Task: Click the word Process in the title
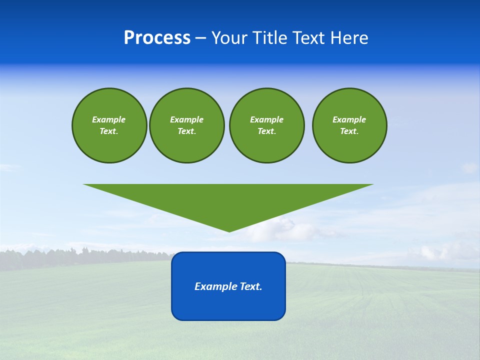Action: (157, 38)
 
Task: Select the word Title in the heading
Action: (270, 38)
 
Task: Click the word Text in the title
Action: (309, 38)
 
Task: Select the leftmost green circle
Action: (109, 125)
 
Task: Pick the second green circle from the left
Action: (187, 125)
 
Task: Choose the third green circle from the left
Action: (267, 125)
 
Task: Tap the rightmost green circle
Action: (349, 125)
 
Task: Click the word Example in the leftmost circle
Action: (109, 119)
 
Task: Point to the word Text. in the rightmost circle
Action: (349, 131)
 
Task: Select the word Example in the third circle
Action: (266, 119)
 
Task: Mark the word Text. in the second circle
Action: (187, 131)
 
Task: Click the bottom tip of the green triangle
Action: (229, 231)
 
